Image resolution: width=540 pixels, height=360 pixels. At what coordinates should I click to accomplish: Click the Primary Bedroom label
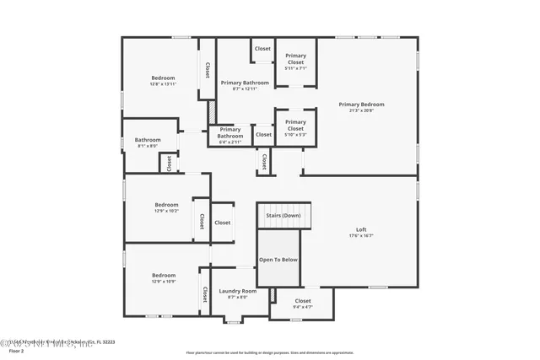point(361,105)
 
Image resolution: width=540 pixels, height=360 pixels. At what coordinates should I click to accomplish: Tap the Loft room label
point(361,229)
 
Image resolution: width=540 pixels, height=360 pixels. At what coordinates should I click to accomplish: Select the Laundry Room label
point(237,291)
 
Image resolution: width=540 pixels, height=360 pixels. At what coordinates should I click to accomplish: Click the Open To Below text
point(278,260)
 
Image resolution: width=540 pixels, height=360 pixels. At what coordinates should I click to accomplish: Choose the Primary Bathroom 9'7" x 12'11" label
point(245,83)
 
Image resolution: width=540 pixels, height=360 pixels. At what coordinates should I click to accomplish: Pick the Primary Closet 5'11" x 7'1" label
point(295,59)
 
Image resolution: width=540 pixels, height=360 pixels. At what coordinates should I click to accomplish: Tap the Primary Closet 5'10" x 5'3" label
point(295,125)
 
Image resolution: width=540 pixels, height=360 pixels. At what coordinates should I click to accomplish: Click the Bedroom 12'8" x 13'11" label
point(163,78)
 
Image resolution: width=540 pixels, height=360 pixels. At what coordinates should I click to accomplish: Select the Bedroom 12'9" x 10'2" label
point(166,205)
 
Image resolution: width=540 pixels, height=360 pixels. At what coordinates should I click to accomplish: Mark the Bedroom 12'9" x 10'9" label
point(164,276)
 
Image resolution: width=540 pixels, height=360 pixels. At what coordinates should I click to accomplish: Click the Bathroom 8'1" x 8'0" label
point(148,140)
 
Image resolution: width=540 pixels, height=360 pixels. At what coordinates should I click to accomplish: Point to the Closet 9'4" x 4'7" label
point(302,301)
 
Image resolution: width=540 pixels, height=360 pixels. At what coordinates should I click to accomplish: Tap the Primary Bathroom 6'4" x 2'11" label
point(229,133)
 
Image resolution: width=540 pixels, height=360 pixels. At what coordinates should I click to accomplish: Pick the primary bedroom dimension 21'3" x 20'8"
point(361,110)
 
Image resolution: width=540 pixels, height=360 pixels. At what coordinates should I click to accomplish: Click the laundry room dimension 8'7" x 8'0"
point(237,297)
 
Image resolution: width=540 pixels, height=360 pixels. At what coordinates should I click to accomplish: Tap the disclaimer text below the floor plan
point(270,352)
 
